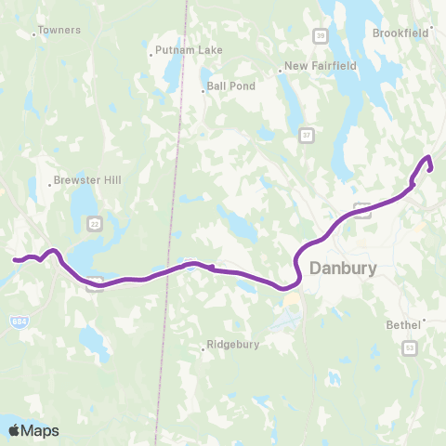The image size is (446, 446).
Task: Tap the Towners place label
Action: [60, 30]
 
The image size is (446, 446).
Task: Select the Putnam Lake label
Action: [189, 49]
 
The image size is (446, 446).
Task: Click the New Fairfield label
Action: [321, 66]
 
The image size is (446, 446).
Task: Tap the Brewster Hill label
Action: [87, 179]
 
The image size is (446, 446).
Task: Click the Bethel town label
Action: [403, 325]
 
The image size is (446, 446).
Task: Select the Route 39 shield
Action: [320, 35]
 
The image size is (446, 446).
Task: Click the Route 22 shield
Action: [94, 223]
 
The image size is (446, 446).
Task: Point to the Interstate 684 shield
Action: [19, 321]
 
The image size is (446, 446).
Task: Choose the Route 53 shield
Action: [410, 347]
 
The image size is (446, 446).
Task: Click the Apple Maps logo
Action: [33, 430]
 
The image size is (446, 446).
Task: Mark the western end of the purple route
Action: [13, 260]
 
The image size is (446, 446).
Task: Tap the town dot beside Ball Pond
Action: [203, 91]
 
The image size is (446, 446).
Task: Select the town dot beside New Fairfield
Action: [281, 72]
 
